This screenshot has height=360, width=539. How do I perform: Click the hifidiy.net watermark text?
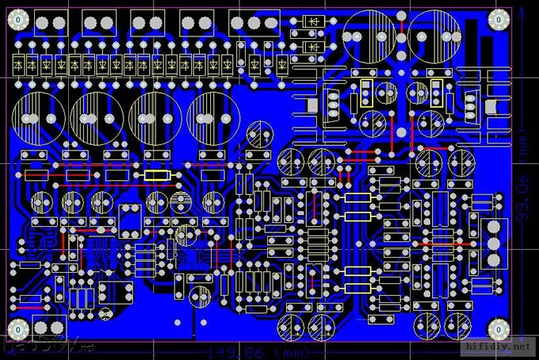coord(499,347)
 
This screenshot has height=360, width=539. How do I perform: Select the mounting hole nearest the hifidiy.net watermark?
coord(498,327)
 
